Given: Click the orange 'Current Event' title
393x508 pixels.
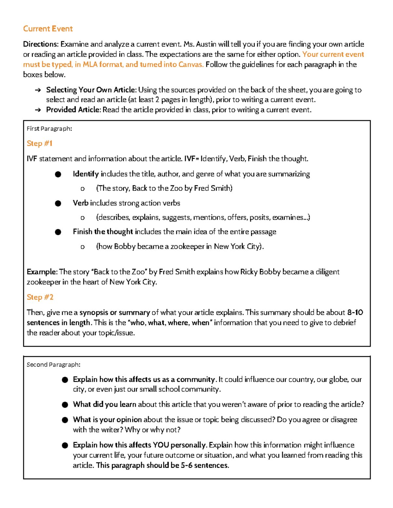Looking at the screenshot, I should point(48,29).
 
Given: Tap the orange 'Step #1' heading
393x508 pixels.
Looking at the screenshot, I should point(40,143).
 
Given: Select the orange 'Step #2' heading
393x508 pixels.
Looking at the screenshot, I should point(40,297).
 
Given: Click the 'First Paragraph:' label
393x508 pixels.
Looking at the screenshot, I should point(49,129).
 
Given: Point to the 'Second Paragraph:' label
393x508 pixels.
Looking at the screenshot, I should point(53,364).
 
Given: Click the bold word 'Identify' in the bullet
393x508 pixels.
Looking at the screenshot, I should point(86,174).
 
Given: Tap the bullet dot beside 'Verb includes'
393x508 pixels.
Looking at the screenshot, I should point(58,203).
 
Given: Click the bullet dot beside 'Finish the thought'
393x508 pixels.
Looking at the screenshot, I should point(58,232).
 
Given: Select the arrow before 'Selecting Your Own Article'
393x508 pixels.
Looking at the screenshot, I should point(38,90).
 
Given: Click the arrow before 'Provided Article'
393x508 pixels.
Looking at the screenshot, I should point(38,110).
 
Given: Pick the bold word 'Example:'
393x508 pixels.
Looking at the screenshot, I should point(42,272).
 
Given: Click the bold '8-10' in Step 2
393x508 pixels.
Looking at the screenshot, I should point(355,312).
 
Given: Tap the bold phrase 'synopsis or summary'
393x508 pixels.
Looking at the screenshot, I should point(115,312).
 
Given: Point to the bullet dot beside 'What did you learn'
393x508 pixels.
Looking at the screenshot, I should point(65,405).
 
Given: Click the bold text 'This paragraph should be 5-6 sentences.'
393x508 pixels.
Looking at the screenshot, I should point(162,465).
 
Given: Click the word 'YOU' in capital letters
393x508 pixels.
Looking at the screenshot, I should point(160,445).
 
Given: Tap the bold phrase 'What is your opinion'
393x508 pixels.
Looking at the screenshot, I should point(107,420).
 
